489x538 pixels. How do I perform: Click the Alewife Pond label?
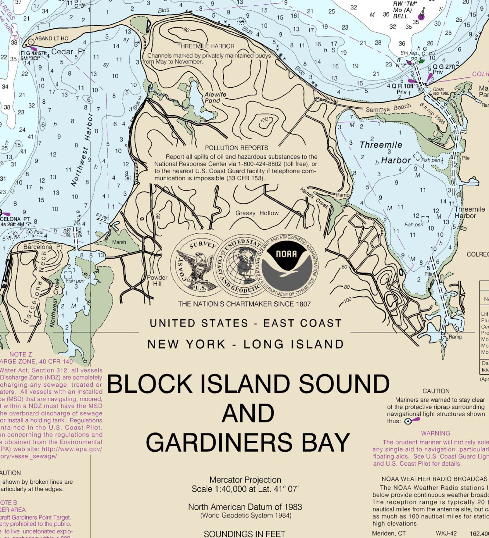tap(215, 97)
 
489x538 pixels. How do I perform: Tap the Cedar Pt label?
tap(68, 51)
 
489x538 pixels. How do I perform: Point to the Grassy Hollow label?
tap(257, 213)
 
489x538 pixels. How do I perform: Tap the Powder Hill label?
tap(157, 280)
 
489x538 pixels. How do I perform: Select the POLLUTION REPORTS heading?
tap(236, 148)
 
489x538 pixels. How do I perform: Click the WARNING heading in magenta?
tap(435, 433)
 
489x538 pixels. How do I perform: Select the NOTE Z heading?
tap(21, 354)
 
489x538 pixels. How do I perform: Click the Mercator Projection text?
tap(245, 480)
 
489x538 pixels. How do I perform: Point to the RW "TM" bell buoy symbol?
tap(421, 16)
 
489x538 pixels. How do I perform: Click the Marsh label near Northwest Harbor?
tap(119, 242)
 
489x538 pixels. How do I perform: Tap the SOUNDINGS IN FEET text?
tap(244, 534)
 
